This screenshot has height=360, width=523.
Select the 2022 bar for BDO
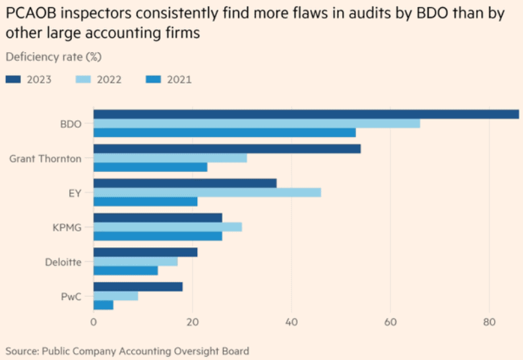pos(257,123)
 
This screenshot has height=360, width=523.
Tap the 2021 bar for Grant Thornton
pos(150,167)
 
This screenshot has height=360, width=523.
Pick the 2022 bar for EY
pos(207,192)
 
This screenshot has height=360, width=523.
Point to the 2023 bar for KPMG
pos(158,218)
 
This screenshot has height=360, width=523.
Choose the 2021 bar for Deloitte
pos(126,270)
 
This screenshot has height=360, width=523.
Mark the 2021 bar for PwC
pos(104,305)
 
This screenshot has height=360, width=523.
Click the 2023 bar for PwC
pos(138,287)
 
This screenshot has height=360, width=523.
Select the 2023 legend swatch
pos(14,80)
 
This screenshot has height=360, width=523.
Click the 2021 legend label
pos(179,80)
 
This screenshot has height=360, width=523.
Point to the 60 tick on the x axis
pos(390,322)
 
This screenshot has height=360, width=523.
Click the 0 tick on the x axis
pos(94,322)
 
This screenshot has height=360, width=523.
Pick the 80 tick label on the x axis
pos(489,322)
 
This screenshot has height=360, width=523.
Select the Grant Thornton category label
pos(46,158)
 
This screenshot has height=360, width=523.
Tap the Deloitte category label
pos(63,262)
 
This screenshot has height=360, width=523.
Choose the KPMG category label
pos(67,227)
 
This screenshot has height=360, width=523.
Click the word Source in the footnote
pos(21,350)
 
